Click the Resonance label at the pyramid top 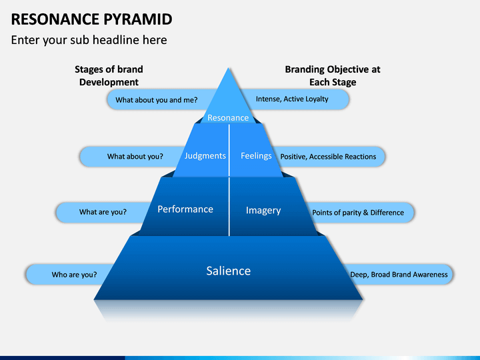point(228,117)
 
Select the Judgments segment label point(205,156)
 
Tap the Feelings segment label point(256,156)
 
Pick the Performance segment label point(185,209)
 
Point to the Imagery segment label point(263,211)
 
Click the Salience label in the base point(229,271)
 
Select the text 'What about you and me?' point(157,100)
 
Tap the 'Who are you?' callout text point(74,275)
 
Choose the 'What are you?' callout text point(103,212)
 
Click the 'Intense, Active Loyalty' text point(292,99)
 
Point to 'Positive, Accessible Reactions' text point(328,157)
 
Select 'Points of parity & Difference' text point(358,213)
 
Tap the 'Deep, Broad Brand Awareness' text point(399,275)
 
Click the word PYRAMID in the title point(138,19)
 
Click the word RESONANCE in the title point(55,19)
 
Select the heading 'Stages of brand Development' point(109,75)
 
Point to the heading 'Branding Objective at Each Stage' point(333,75)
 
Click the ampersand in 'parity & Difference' point(365,213)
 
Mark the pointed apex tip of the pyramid point(229,68)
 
